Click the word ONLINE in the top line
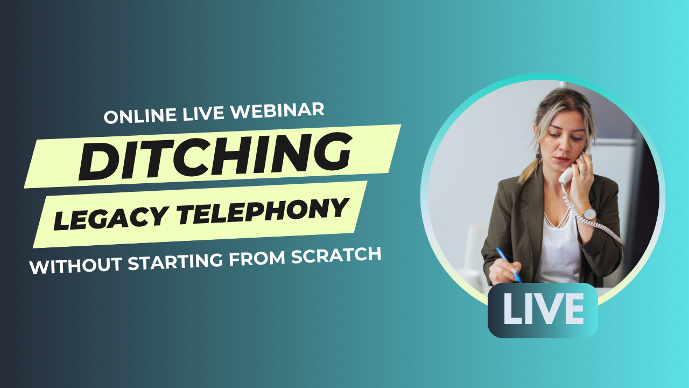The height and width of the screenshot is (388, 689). click(140, 115)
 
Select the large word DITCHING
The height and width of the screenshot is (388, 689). click(215, 156)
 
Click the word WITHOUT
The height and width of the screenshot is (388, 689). click(76, 266)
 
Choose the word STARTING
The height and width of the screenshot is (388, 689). click(175, 261)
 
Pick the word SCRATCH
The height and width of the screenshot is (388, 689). click(336, 254)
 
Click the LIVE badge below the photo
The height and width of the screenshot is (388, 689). click(543, 310)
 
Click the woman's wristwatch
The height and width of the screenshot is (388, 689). click(589, 214)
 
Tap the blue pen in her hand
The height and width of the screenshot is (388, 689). click(509, 265)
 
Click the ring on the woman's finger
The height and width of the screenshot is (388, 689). click(583, 171)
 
